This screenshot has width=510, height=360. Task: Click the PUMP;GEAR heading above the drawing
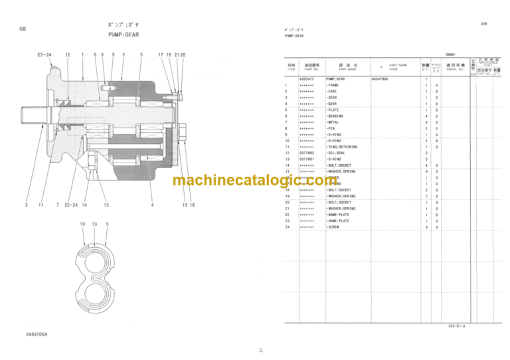(x=124, y=35)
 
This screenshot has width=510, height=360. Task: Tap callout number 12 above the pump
(x=67, y=54)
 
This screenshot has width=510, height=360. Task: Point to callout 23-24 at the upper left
(x=44, y=54)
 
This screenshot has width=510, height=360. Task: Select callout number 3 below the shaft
(x=27, y=205)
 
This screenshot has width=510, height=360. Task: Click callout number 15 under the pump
(x=106, y=205)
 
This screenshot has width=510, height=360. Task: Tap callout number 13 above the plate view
(x=94, y=225)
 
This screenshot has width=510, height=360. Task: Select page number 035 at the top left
(x=22, y=29)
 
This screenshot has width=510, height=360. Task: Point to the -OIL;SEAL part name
(x=337, y=153)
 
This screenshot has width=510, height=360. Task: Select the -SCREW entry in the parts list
(x=333, y=227)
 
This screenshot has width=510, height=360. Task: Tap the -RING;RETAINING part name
(x=341, y=147)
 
